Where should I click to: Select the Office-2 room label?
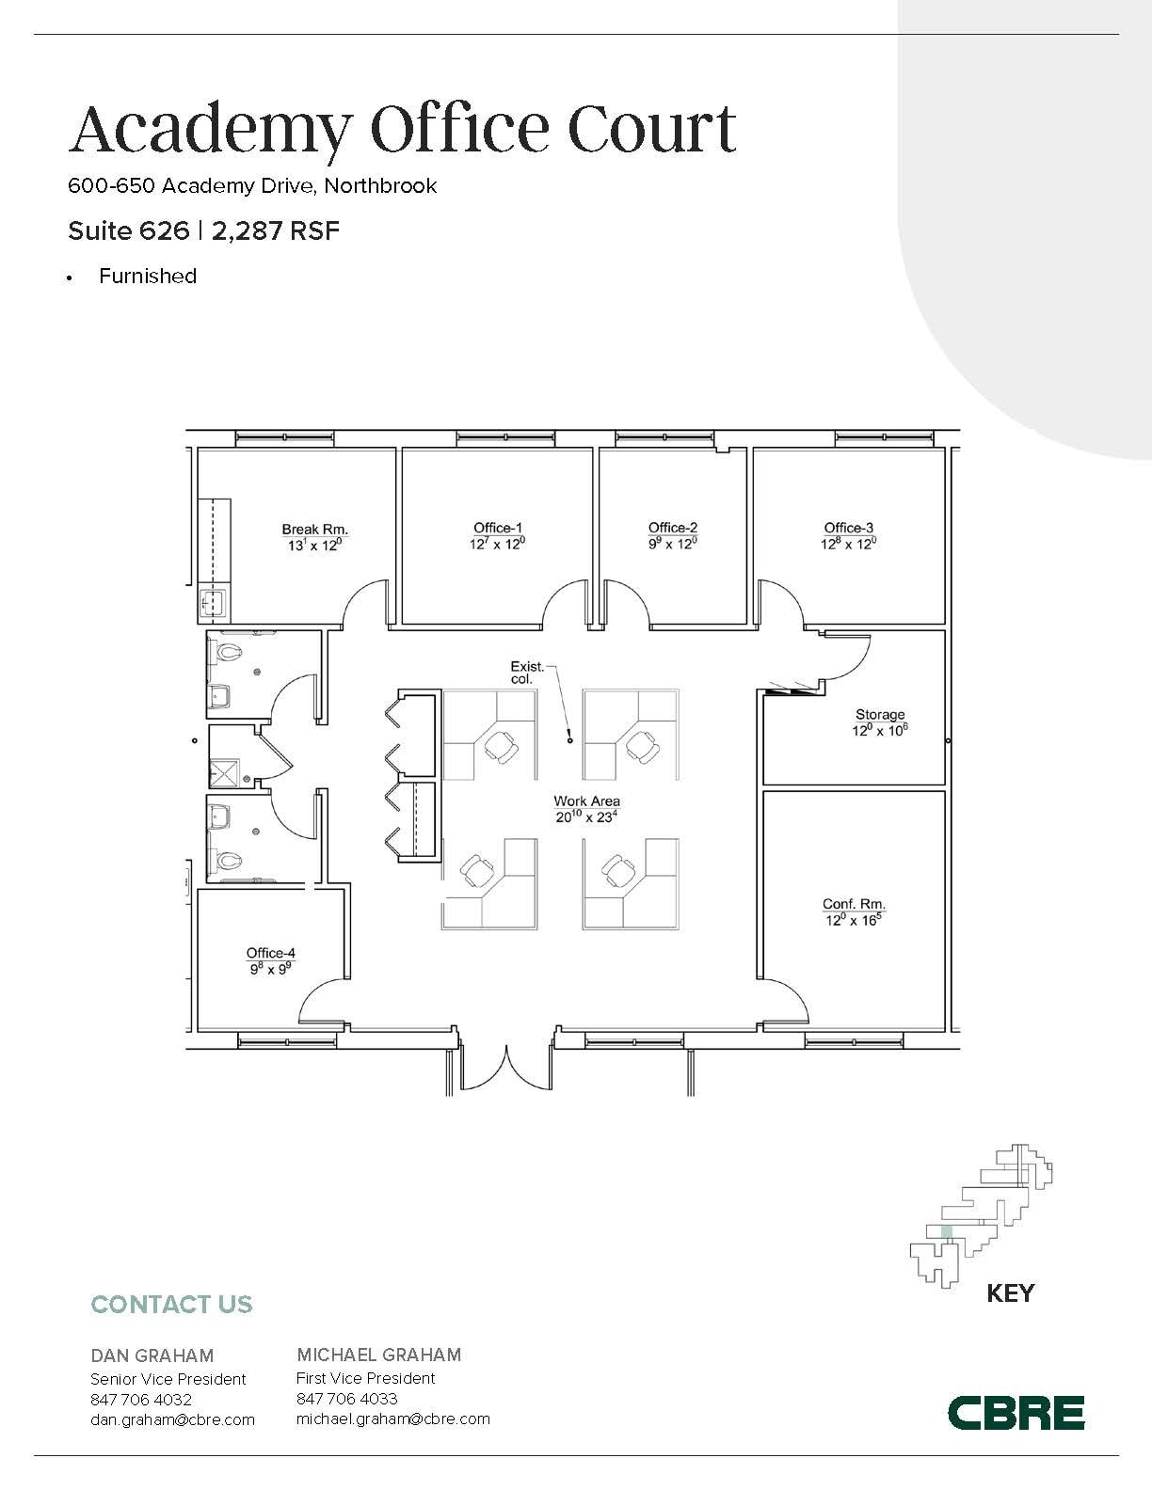coord(673,529)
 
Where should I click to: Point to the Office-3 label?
coord(848,529)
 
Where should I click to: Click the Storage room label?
coord(879,715)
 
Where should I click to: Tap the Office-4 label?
coord(270,953)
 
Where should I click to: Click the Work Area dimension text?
coord(586,817)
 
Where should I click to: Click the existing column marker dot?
coord(569,740)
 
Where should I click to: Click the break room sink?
coord(214,602)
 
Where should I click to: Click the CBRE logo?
coord(1015,1412)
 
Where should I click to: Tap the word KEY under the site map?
coord(1010,1293)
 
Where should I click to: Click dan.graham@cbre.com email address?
coord(172,1419)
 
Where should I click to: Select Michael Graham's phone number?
coord(346,1399)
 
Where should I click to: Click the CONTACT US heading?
coord(171,1305)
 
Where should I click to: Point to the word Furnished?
coord(148,277)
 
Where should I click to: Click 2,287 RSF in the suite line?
coord(275,230)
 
